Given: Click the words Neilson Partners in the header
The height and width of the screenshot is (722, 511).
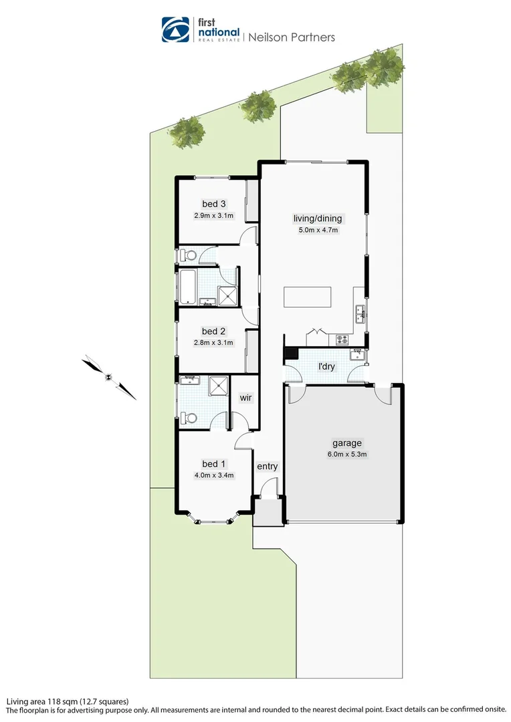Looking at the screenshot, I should (292, 37).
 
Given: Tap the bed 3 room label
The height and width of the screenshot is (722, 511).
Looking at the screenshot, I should (214, 204).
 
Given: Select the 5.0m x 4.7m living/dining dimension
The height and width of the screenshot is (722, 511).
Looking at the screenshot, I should (318, 231).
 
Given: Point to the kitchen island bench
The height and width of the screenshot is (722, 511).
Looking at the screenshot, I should (307, 296).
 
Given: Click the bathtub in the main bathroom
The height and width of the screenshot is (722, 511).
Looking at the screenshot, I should (187, 287).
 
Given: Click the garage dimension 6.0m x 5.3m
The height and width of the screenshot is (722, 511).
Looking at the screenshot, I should (346, 455).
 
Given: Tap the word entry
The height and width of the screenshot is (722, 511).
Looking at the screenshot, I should (267, 466).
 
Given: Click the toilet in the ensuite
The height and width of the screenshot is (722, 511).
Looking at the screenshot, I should (189, 418).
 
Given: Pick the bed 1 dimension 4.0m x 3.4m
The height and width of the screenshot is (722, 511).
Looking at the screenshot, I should (214, 476).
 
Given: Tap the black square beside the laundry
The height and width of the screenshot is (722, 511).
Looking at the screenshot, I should (291, 354).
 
